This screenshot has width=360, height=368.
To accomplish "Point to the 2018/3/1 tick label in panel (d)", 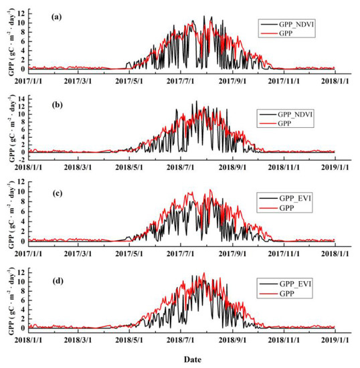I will pos(78,339).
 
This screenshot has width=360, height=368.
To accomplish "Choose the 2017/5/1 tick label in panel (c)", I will pos(129,252).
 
